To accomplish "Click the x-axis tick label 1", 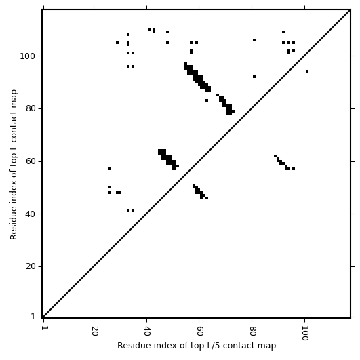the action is pos(44,327).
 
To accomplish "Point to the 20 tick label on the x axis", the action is pos(94,331).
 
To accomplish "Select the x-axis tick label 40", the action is pos(147,331).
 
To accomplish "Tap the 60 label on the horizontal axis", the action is pos(199,331).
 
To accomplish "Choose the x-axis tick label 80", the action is pos(252,331).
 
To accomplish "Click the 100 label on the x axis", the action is pos(305,333).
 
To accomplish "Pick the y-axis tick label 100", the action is pos(27,56).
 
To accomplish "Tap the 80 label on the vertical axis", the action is pos(31,108).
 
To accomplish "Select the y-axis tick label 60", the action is pos(31,161).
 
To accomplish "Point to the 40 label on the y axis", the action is pos(31,214).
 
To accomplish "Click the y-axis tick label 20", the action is pos(31,267).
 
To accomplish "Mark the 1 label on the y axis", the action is pos(33,317).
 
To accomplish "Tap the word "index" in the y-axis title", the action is pos(13,195).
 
